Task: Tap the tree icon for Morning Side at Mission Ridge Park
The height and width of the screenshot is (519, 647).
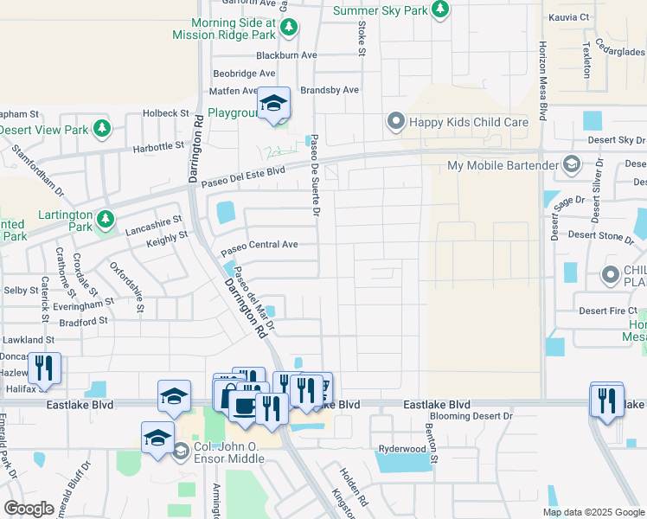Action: pos(289,29)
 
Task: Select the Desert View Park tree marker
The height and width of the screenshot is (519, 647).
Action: pos(103,130)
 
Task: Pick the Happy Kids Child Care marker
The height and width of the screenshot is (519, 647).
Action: pos(396,121)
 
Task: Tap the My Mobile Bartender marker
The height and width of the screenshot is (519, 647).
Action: pos(571,164)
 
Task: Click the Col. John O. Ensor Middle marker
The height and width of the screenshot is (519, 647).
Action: pos(181,450)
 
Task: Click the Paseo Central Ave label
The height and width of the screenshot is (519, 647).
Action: pos(259,247)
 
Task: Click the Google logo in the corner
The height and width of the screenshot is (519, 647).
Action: pos(29,508)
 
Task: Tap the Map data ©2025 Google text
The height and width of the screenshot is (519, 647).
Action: pos(593,512)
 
